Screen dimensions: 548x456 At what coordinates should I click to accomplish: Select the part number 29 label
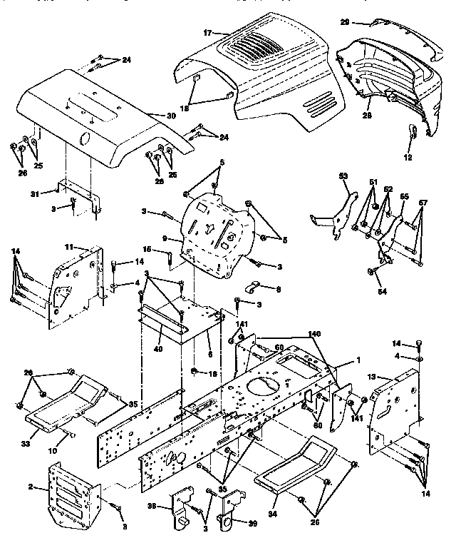click(x=365, y=22)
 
